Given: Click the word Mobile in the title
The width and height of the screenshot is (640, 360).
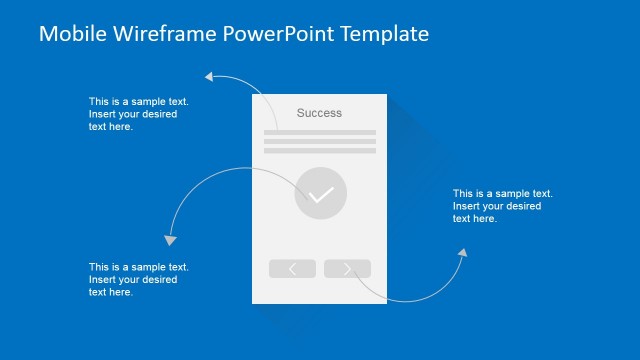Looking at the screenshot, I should [x=69, y=34].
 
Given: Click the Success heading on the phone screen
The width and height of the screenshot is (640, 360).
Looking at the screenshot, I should [x=319, y=113].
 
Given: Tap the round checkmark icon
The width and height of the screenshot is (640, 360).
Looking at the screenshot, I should [x=321, y=194].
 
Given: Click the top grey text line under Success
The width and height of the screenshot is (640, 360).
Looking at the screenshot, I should [x=320, y=132].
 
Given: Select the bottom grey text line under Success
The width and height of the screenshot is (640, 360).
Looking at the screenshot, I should [x=320, y=152].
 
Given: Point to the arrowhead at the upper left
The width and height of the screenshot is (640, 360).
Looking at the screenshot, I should [x=209, y=75].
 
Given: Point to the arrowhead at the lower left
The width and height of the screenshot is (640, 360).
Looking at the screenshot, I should [x=170, y=240].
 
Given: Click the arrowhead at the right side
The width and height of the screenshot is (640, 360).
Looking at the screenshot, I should [x=463, y=254].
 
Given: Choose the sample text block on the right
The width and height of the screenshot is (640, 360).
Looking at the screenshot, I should [x=502, y=205].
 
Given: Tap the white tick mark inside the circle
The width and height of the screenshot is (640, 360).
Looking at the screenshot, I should [x=321, y=195].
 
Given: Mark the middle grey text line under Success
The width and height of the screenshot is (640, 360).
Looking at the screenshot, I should [x=320, y=142].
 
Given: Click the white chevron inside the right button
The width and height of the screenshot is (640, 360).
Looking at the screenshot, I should [x=347, y=268].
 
